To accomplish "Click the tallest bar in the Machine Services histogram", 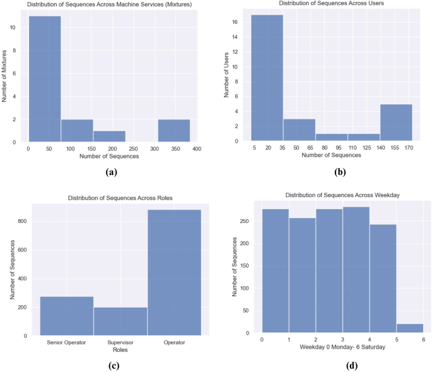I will point(45,79).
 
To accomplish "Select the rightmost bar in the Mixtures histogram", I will point(173,131).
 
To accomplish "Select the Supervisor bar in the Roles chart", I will point(120,321).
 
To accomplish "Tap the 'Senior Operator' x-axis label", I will point(67,343).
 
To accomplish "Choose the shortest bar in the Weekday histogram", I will point(410,328).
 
